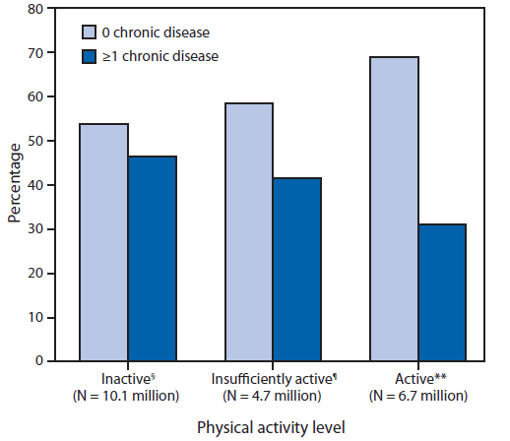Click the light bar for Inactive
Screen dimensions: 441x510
(x=104, y=242)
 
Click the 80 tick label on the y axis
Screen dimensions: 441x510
(x=34, y=10)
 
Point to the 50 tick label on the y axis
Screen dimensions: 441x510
(x=34, y=142)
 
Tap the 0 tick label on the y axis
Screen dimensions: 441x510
(x=38, y=361)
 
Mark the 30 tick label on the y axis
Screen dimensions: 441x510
(x=34, y=229)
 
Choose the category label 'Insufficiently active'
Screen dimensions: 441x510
(x=266, y=379)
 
